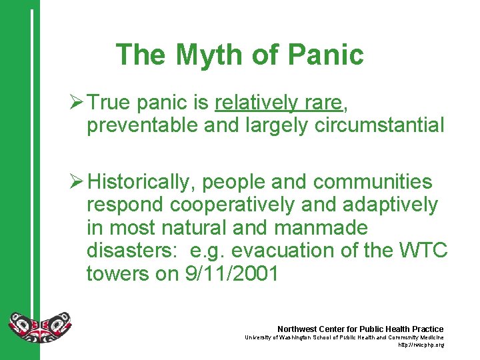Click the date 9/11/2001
(231, 273)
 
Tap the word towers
(121, 273)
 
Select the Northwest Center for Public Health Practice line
(360, 329)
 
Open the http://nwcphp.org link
(421, 345)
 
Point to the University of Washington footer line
(345, 337)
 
